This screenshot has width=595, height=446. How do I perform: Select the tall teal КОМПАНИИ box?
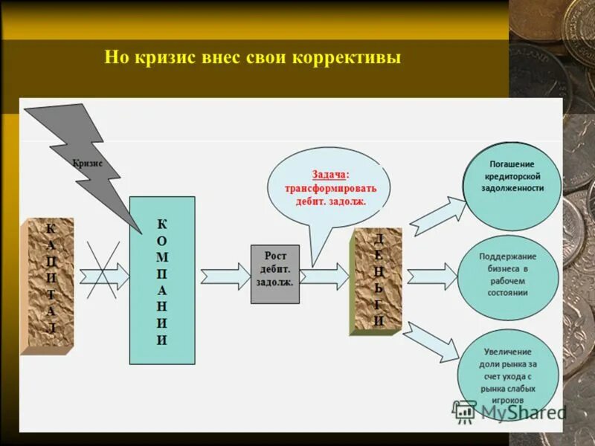[x=162, y=281]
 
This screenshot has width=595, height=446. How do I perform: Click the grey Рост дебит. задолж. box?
[x=274, y=274]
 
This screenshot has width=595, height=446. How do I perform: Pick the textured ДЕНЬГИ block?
[x=378, y=279]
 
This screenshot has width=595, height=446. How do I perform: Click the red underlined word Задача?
[x=329, y=174]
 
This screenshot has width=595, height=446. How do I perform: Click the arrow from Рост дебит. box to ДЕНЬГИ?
[x=326, y=276]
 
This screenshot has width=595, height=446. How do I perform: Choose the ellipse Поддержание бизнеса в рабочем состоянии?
[x=508, y=275]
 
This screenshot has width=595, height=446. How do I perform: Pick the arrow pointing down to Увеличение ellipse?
[x=431, y=339]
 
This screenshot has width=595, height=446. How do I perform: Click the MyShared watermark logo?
[x=510, y=411]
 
